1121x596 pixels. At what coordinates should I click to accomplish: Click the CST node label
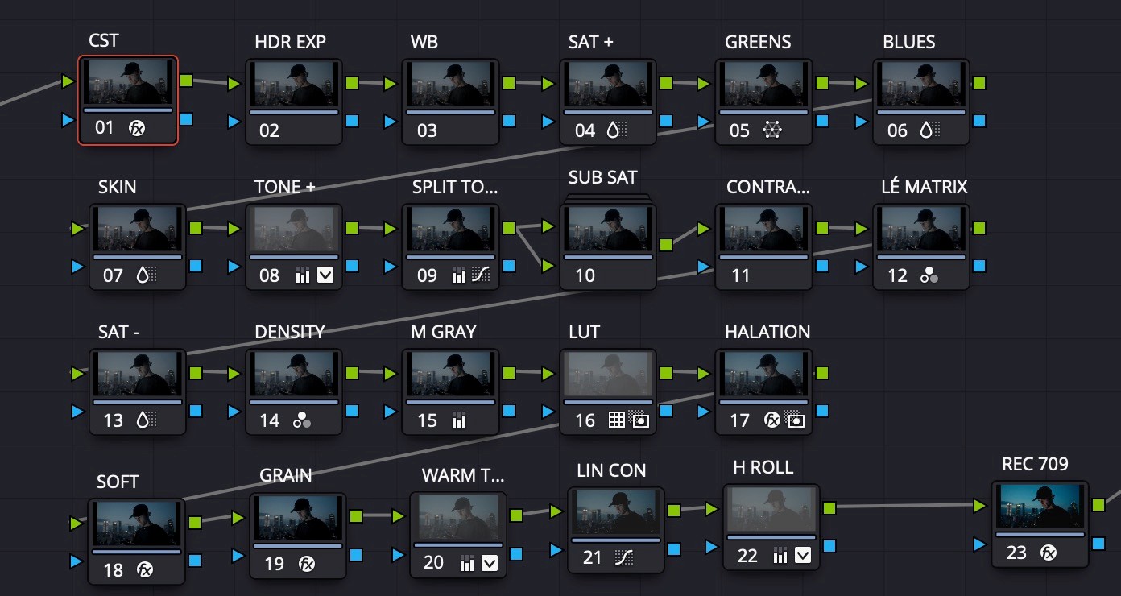point(105,42)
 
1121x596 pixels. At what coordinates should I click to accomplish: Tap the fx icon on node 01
point(138,127)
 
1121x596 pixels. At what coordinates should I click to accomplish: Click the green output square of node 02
point(352,82)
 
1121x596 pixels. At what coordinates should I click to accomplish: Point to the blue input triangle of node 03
point(391,122)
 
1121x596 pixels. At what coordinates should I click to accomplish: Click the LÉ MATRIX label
point(924,187)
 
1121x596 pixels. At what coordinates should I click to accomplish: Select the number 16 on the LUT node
point(585,420)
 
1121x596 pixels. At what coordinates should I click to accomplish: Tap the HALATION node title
point(767,332)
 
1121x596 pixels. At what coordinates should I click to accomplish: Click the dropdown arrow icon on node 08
point(325,275)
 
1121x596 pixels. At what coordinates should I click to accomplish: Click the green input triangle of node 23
point(979,506)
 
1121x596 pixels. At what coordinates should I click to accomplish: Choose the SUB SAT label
point(602,177)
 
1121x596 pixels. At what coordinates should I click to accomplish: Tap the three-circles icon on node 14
point(302,420)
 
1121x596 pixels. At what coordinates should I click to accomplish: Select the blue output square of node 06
point(978,121)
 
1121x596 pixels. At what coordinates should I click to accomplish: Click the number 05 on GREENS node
point(739,130)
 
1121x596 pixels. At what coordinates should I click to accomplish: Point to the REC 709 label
point(1035,464)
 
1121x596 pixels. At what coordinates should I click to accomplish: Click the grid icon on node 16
point(616,420)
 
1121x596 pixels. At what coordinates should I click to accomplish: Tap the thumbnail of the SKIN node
point(138,228)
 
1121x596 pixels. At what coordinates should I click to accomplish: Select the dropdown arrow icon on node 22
point(803,555)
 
